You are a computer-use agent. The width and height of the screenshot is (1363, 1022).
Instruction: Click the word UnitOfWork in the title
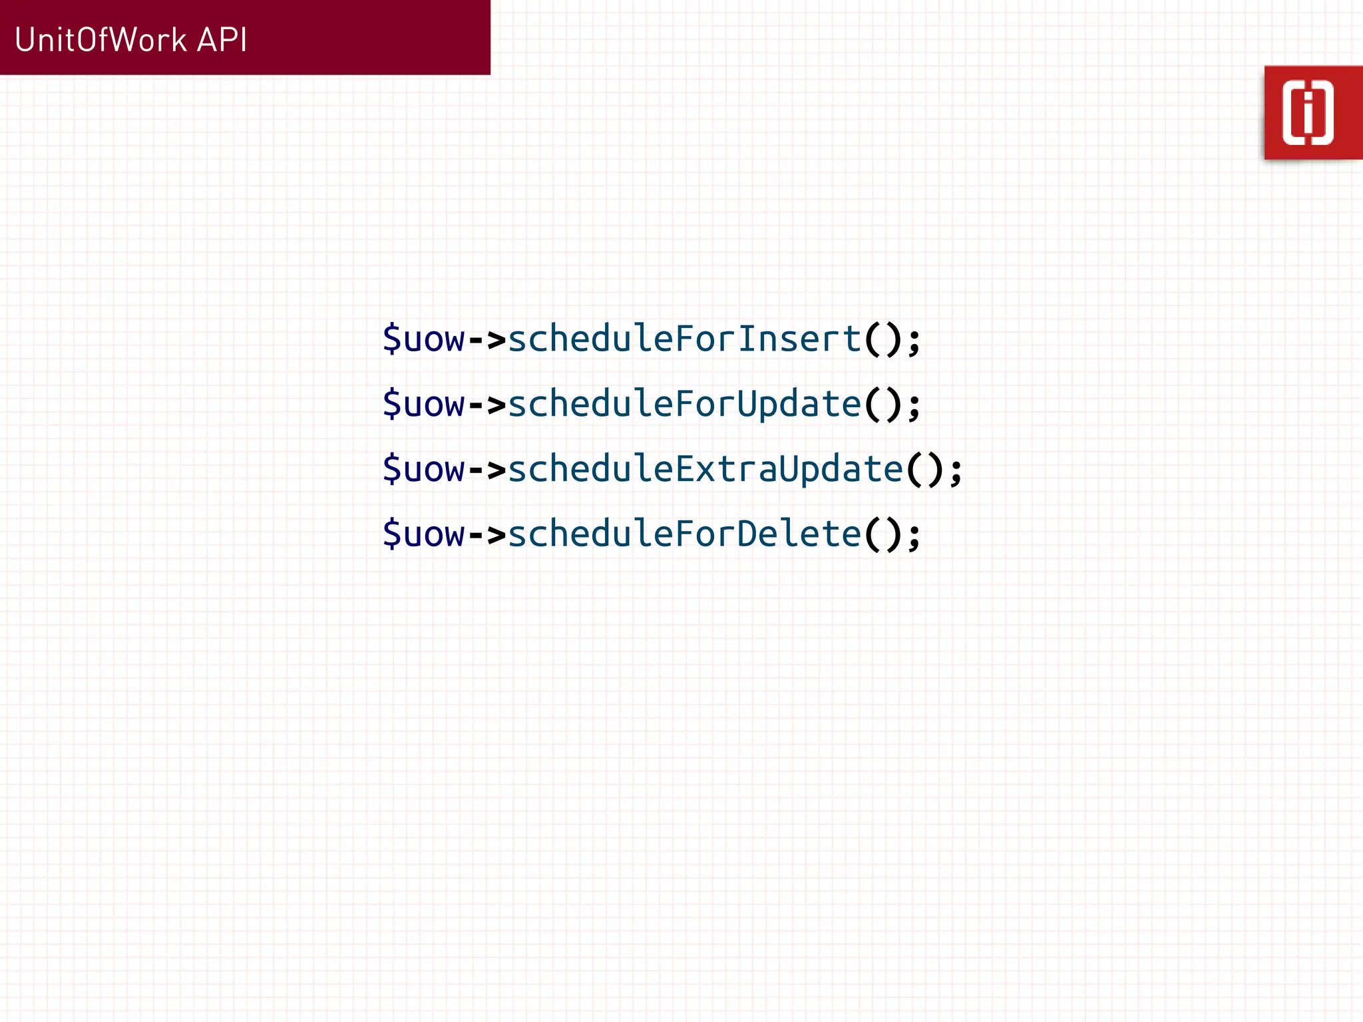click(x=100, y=40)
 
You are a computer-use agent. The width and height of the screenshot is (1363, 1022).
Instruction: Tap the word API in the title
click(x=222, y=40)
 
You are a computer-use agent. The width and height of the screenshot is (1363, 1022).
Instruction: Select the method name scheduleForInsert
click(x=685, y=339)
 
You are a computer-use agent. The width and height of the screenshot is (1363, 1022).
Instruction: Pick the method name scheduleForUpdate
click(x=685, y=404)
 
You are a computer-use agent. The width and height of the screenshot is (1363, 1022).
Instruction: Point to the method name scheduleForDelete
click(x=685, y=534)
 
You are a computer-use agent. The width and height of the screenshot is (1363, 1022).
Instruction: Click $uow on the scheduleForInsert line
click(x=424, y=339)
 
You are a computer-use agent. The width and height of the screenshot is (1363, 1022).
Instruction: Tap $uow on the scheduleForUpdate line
click(x=424, y=404)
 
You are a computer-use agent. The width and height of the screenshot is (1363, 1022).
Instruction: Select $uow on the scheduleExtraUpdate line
click(x=424, y=469)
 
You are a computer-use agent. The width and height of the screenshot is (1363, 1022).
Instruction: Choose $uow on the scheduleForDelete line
click(x=424, y=534)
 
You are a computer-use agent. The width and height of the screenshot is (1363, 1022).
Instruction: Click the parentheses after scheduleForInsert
click(x=883, y=339)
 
